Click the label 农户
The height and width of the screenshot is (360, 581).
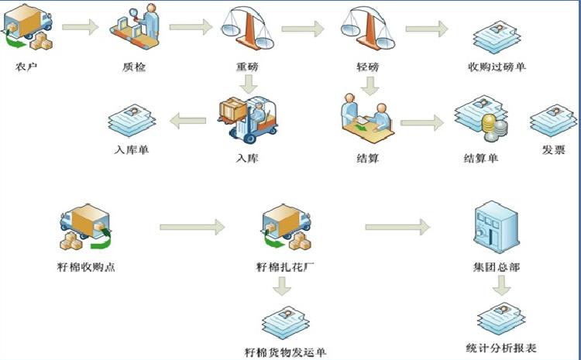[x=26, y=66]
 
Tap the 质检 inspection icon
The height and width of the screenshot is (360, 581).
[x=139, y=28]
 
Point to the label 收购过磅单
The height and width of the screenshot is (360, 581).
[x=497, y=67]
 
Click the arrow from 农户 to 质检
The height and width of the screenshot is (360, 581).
[x=81, y=29]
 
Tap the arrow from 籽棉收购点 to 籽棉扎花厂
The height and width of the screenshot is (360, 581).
[x=191, y=228]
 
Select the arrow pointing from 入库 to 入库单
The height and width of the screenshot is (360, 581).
[x=187, y=120]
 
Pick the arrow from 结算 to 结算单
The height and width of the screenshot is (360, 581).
[x=427, y=122]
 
